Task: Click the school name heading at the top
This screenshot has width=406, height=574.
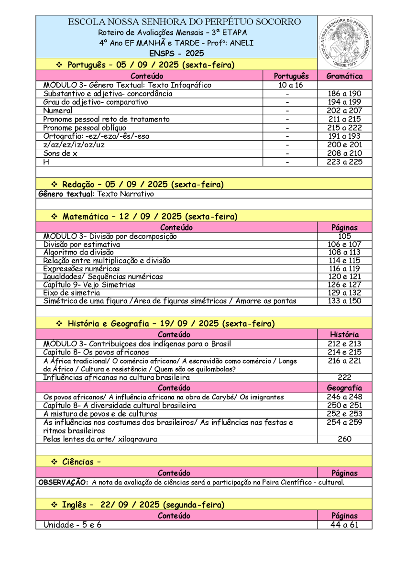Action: click(x=185, y=22)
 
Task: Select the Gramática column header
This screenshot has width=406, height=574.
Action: click(x=344, y=76)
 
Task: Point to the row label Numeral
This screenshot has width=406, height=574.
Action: click(x=58, y=111)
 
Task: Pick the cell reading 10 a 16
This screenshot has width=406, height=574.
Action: click(x=290, y=85)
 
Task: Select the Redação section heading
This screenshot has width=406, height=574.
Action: click(x=143, y=184)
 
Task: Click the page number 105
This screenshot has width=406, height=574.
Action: click(x=344, y=236)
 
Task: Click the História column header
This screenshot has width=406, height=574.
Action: click(x=344, y=334)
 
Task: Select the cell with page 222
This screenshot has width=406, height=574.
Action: click(x=344, y=377)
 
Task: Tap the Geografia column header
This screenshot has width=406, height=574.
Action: click(x=344, y=388)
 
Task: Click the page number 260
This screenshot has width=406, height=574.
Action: click(x=344, y=439)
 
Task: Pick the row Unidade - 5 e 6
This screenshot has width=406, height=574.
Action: click(x=72, y=525)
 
